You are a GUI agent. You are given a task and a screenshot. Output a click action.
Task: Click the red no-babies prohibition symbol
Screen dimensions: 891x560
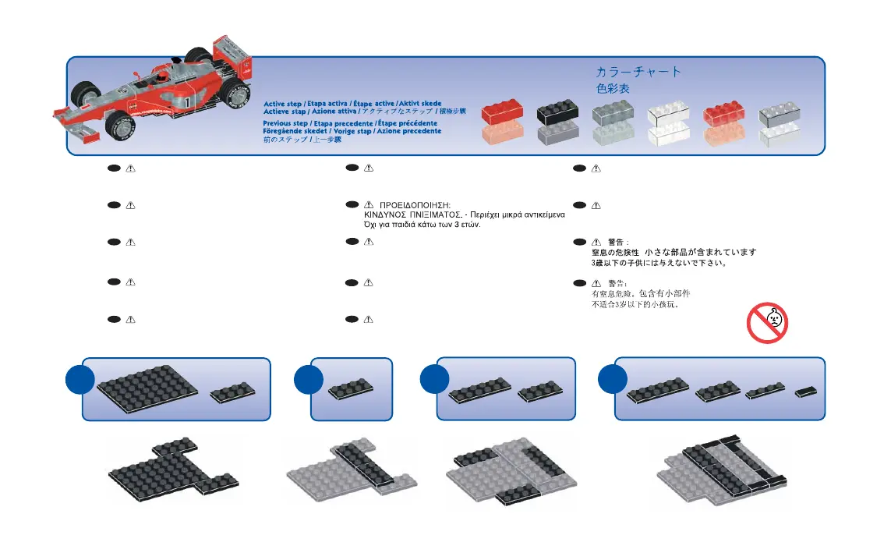point(768,323)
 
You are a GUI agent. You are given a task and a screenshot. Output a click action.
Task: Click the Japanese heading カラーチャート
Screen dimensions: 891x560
point(638,72)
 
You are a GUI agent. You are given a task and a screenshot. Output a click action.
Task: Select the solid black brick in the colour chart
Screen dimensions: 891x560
point(557,114)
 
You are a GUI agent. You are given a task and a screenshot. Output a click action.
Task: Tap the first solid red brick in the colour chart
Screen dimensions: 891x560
point(501,114)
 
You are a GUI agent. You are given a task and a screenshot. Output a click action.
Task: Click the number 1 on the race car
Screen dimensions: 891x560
point(188,102)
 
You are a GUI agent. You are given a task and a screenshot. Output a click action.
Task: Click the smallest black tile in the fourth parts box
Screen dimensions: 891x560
point(806,392)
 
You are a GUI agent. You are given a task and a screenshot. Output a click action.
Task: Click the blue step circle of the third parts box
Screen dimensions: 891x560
point(434,381)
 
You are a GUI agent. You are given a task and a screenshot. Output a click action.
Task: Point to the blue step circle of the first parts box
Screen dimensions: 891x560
point(79,381)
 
